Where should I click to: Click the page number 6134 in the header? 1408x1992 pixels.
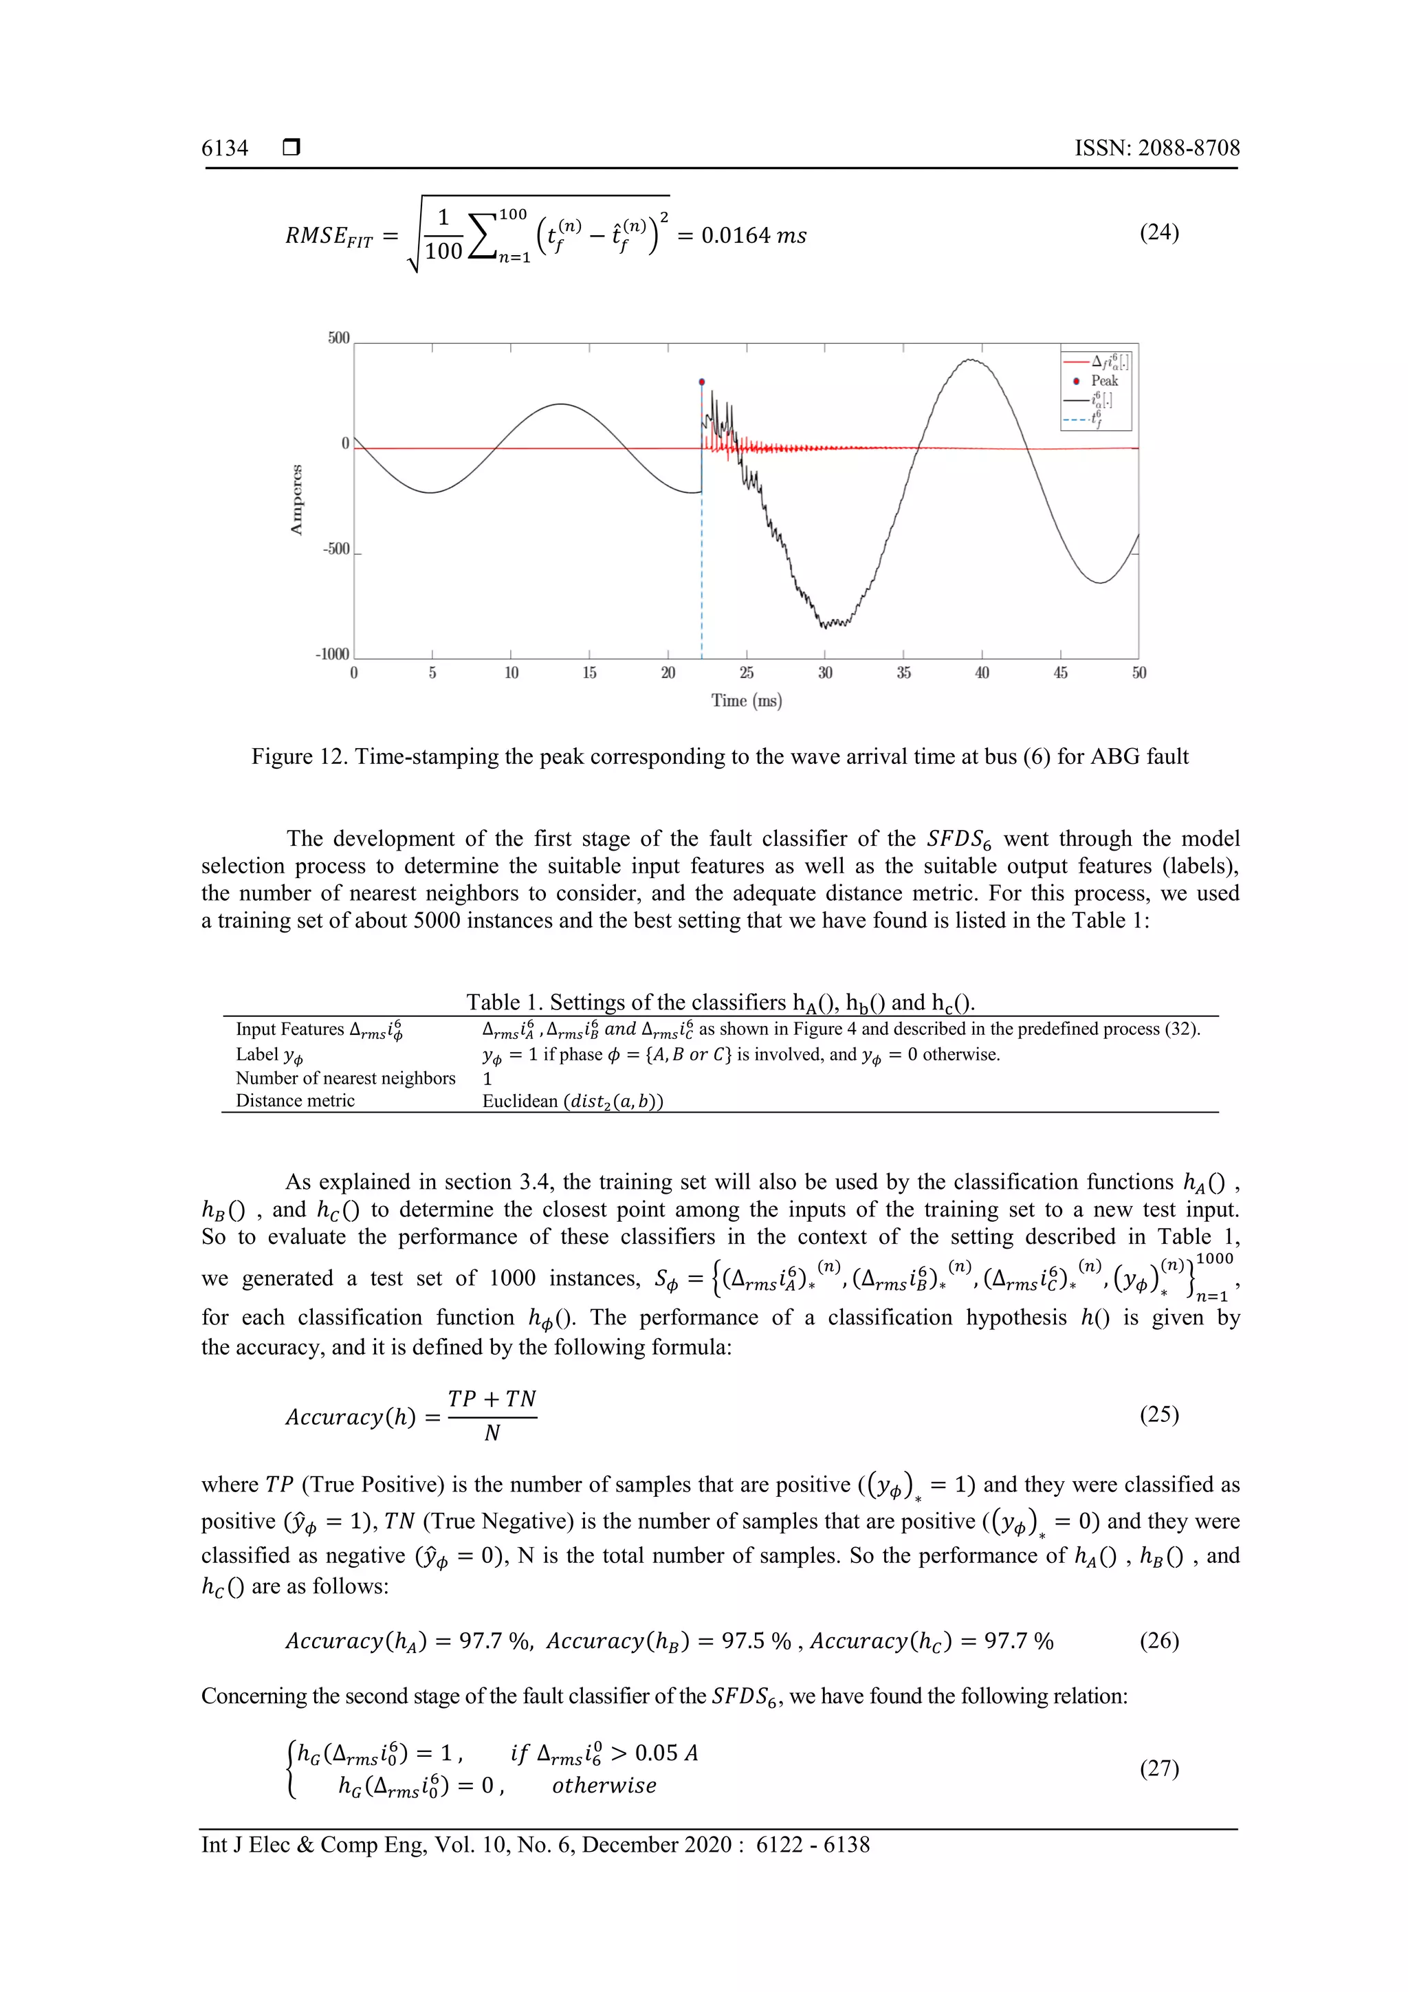pyautogui.click(x=225, y=149)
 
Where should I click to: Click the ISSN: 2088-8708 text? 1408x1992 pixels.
pyautogui.click(x=1156, y=149)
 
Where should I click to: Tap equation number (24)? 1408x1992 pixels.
pyautogui.click(x=1158, y=232)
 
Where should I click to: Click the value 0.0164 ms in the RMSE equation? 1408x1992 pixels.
pyautogui.click(x=753, y=236)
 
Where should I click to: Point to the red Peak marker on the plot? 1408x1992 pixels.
pyautogui.click(x=702, y=382)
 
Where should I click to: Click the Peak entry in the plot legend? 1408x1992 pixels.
pyautogui.click(x=1103, y=381)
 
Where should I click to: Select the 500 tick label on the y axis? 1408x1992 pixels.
pyautogui.click(x=338, y=338)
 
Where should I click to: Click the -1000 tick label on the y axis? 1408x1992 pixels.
pyautogui.click(x=332, y=654)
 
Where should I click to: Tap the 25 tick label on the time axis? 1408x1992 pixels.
pyautogui.click(x=746, y=673)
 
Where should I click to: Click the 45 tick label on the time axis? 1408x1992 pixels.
pyautogui.click(x=1060, y=673)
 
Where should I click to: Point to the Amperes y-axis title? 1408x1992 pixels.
pyautogui.click(x=297, y=500)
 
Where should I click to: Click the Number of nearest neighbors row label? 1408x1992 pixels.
pyautogui.click(x=345, y=1078)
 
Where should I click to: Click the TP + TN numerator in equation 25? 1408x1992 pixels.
pyautogui.click(x=492, y=1399)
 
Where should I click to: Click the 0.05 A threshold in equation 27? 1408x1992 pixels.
pyautogui.click(x=665, y=1753)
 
